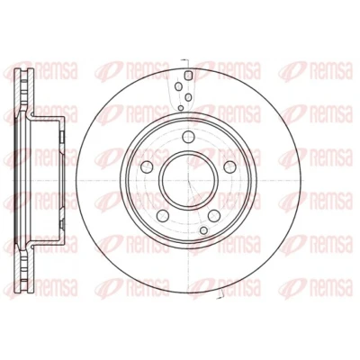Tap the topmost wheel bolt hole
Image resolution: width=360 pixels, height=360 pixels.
pos(188,137)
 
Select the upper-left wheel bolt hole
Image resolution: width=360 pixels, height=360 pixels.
pos(147,166)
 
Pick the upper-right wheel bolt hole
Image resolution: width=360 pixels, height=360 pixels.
pos(230,166)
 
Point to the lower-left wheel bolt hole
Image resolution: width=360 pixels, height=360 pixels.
pos(163,215)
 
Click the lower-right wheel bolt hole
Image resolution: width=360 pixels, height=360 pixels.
pos(214,215)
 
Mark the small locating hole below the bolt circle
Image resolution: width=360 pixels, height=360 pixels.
pos(204,230)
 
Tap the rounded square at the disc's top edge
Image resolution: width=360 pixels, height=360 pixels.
pos(188,75)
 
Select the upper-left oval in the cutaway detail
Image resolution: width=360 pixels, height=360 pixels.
pos(178,86)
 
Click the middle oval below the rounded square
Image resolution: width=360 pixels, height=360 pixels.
pos(188,97)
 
